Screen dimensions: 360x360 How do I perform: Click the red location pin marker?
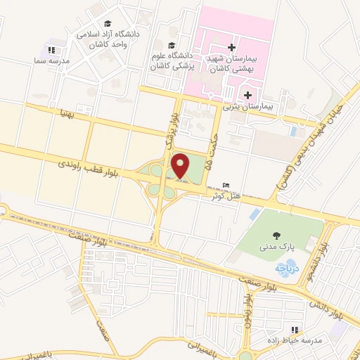point(181,165)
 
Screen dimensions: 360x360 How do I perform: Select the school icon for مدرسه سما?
point(51,50)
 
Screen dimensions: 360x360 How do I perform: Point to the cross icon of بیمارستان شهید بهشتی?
point(231,47)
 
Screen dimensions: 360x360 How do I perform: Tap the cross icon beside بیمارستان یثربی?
point(247,95)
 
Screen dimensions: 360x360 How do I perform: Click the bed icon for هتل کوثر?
point(225,184)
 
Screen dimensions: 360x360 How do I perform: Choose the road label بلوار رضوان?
point(247,304)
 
